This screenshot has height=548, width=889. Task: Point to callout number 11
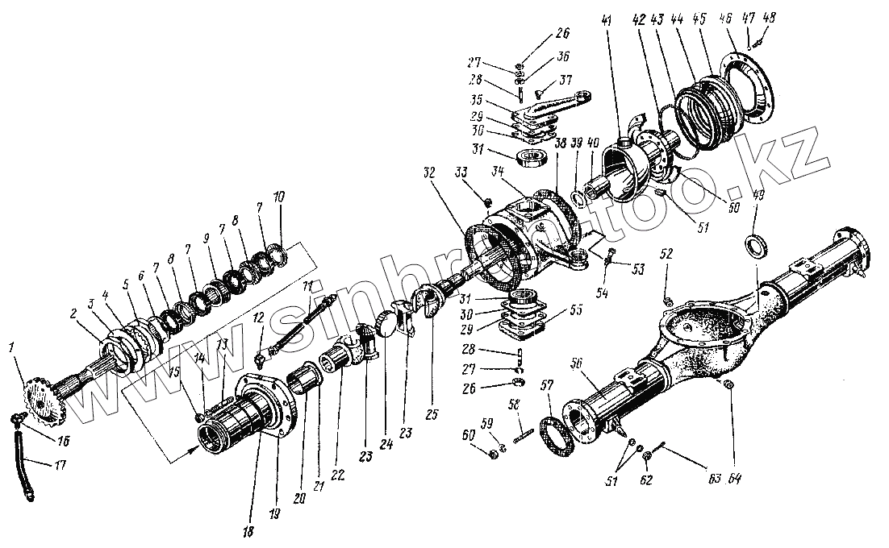307,287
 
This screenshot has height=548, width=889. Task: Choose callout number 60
469,437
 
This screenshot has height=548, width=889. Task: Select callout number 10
278,197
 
